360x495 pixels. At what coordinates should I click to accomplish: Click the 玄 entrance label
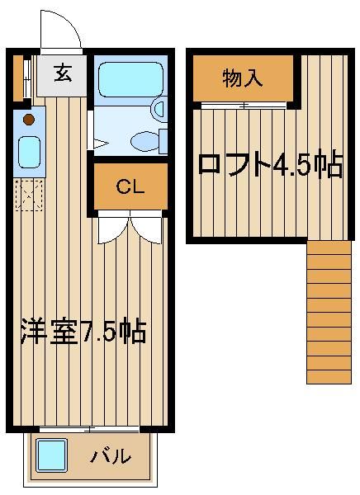click(x=63, y=73)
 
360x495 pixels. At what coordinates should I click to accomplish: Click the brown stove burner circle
click(x=29, y=120)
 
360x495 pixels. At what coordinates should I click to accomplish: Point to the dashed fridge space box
click(x=29, y=195)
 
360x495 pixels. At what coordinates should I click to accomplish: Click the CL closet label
click(x=130, y=186)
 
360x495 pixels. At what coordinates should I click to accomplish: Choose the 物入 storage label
click(x=243, y=78)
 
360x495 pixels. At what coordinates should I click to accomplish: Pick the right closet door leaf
click(x=149, y=229)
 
